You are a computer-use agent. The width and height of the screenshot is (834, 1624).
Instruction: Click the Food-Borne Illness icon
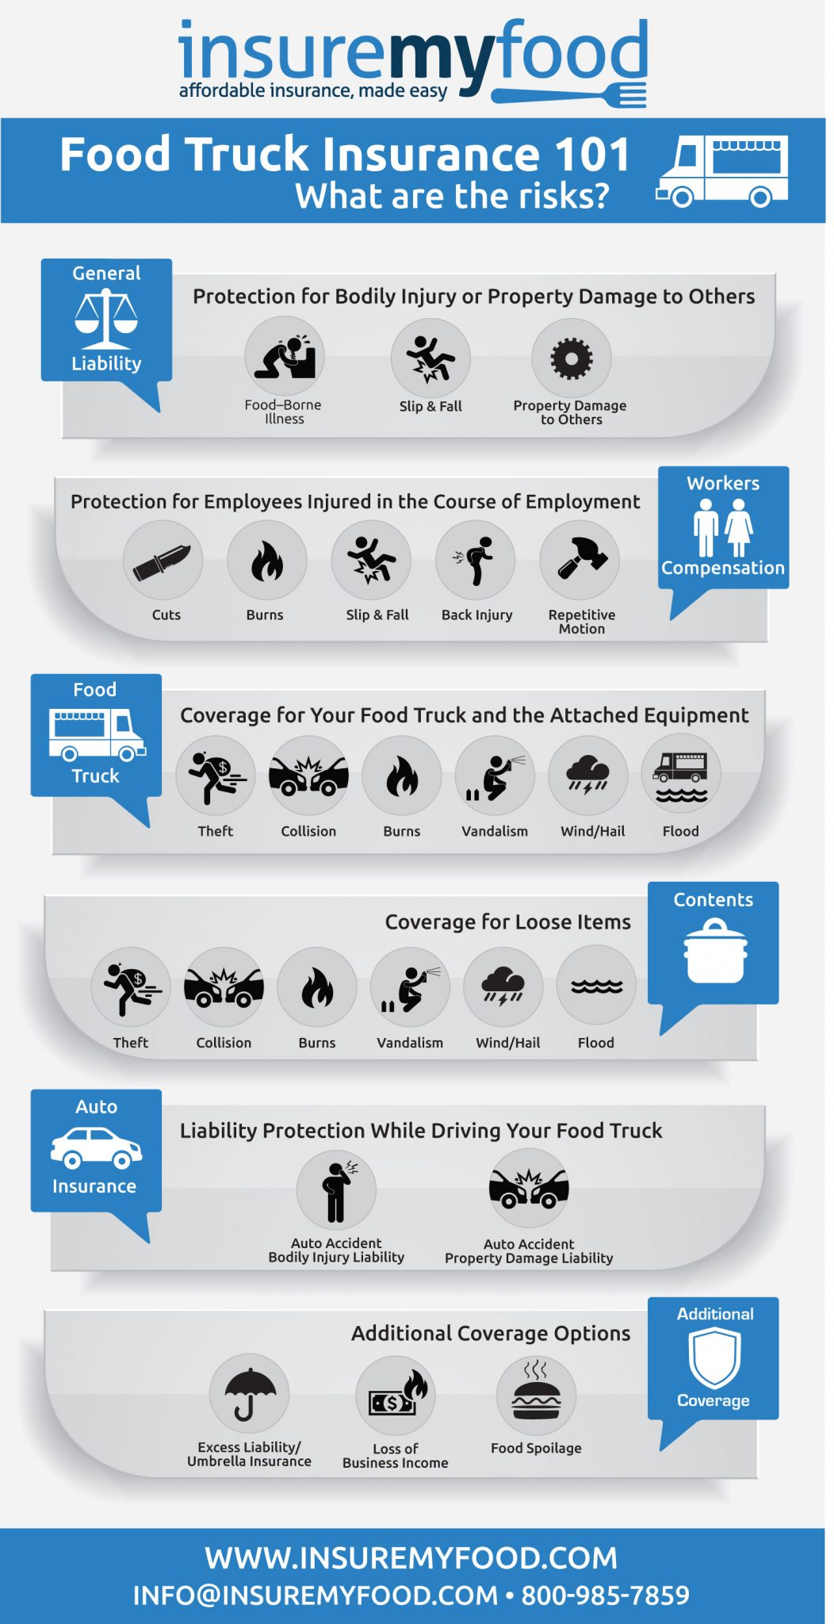(x=285, y=356)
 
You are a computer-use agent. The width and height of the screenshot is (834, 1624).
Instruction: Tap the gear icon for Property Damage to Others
(x=572, y=358)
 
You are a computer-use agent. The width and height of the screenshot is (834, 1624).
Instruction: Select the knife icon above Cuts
(x=163, y=560)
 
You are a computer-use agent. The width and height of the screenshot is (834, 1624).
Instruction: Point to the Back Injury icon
(x=476, y=560)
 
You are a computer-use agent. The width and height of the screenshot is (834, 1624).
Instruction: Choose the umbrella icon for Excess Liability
(x=249, y=1393)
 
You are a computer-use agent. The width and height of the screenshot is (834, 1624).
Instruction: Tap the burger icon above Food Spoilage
(x=536, y=1393)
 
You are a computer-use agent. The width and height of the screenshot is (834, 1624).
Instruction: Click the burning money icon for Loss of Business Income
(x=396, y=1395)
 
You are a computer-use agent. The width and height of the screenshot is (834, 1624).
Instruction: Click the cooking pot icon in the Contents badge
(x=716, y=951)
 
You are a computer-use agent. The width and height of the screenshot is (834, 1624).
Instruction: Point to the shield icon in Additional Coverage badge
(x=714, y=1357)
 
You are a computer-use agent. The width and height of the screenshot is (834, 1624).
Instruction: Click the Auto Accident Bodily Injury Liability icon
(x=336, y=1189)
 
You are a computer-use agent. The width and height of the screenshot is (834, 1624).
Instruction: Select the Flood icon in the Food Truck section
(x=681, y=775)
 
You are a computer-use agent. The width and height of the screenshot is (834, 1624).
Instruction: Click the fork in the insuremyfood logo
(x=569, y=95)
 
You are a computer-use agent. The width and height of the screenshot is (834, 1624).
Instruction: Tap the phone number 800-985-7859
(x=605, y=1595)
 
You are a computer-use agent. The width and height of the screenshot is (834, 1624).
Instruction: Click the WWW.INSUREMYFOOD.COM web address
(x=411, y=1558)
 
